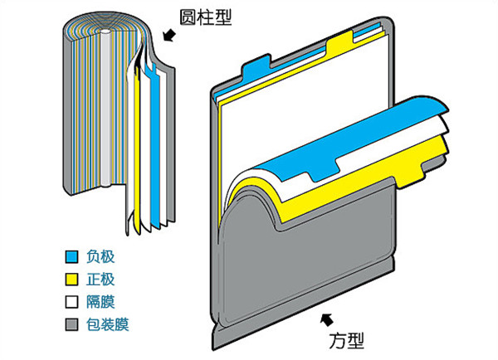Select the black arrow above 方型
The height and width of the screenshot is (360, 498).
[x=325, y=317]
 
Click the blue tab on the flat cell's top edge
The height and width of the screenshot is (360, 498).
[x=258, y=67]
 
